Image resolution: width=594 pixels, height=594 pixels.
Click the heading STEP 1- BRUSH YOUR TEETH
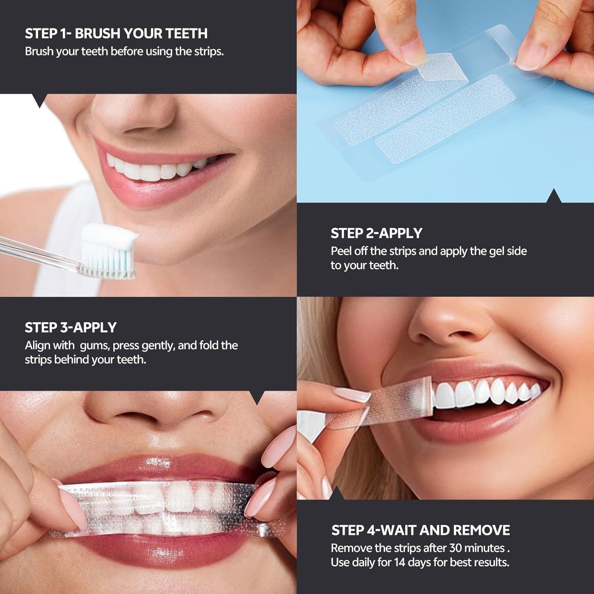click(x=116, y=33)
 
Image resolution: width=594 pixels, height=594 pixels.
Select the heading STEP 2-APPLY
click(x=377, y=233)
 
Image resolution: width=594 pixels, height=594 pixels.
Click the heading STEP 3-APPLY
click(x=70, y=327)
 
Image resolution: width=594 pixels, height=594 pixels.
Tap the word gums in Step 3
click(x=94, y=345)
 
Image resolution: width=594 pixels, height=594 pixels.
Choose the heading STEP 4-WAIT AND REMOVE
click(x=421, y=530)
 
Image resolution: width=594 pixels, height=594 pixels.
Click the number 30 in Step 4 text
click(x=455, y=548)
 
